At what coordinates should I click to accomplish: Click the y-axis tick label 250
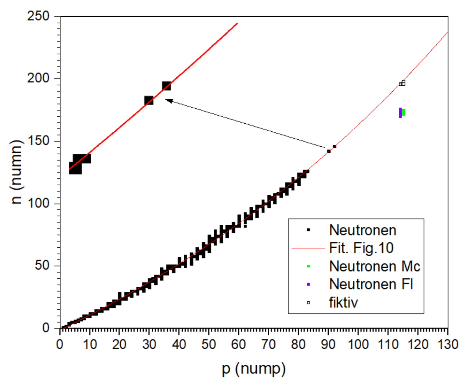[x=38, y=16]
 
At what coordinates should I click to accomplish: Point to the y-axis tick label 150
[x=38, y=141]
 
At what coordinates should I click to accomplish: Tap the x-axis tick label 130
[x=448, y=345]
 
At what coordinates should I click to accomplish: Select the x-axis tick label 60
[x=238, y=345]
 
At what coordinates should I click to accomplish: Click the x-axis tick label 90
[x=328, y=345]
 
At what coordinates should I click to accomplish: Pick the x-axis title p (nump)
[x=254, y=369]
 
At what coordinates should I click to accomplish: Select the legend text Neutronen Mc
[x=374, y=266]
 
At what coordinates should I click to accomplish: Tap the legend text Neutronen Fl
[x=371, y=284]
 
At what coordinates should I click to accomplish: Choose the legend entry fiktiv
[x=343, y=302]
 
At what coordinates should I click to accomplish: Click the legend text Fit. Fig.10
[x=361, y=248]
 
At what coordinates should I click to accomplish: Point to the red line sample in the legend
[x=308, y=248]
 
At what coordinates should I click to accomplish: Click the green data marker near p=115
[x=403, y=113]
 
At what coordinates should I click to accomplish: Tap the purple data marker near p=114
[x=400, y=113]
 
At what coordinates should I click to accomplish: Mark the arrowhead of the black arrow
[x=167, y=100]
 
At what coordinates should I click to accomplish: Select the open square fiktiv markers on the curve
[x=402, y=83]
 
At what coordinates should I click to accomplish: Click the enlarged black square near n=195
[x=166, y=86]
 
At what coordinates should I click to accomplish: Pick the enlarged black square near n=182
[x=149, y=101]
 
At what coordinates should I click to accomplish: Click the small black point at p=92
[x=334, y=146]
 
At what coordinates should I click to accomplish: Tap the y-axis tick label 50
[x=42, y=265]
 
